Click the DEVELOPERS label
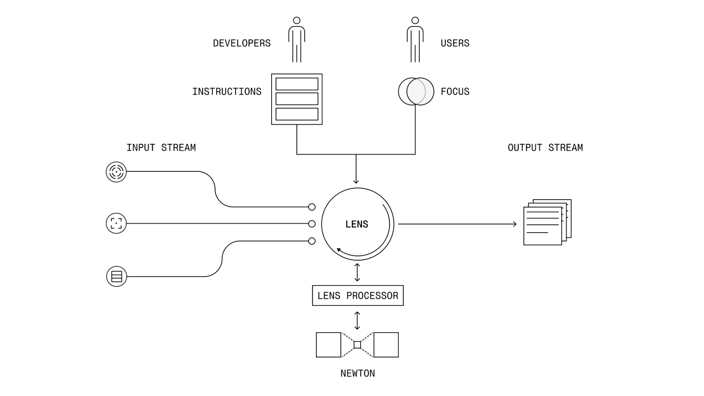pos(242,43)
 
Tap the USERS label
pos(455,43)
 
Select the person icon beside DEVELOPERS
pos(297,40)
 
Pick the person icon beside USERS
pos(415,40)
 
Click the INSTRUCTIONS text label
pos(227,92)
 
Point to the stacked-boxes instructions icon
pos(297,99)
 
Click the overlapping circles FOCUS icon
pos(416,92)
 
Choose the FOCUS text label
pos(455,92)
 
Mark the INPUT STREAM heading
pos(161,147)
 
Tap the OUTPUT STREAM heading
pos(545,147)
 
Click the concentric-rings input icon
pos(116,172)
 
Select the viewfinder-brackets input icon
pos(116,223)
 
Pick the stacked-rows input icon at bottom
pos(117,276)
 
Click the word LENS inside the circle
pos(357,224)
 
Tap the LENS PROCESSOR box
pos(357,296)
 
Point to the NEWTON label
pos(357,373)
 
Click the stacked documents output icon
pos(547,222)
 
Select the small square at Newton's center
pos(357,345)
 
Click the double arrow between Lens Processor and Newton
pos(357,320)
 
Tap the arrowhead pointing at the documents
pos(515,224)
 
